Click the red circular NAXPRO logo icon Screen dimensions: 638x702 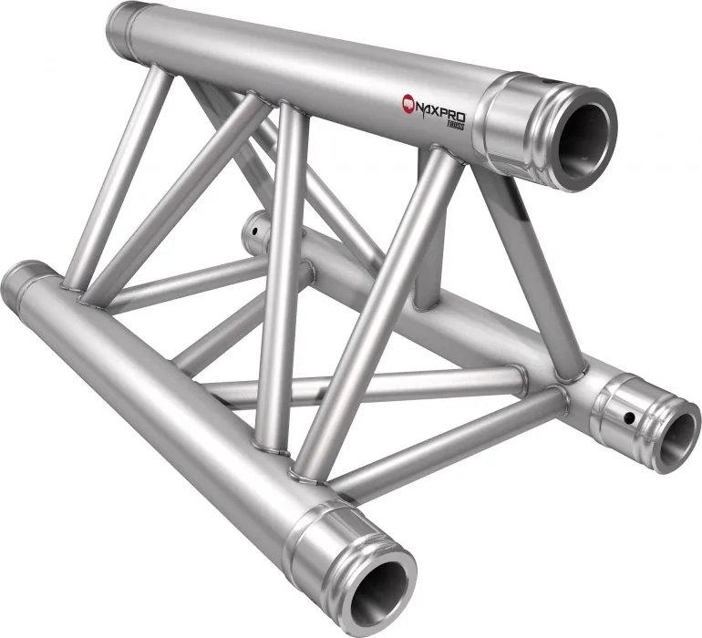408,102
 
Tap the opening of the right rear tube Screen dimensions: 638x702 672,438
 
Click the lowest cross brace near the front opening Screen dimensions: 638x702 438,447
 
